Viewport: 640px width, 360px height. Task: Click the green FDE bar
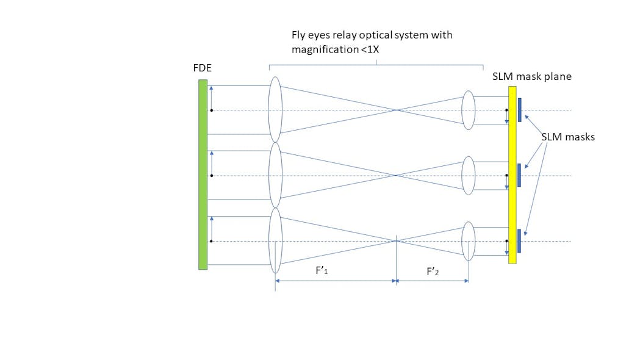point(203,175)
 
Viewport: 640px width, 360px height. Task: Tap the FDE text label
point(202,68)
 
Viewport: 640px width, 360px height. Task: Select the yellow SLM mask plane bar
point(512,175)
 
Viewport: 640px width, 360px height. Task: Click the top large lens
point(275,110)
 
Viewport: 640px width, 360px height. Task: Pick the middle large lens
point(275,176)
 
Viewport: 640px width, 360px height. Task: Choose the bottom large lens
point(275,241)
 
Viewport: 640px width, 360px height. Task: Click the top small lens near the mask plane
point(468,110)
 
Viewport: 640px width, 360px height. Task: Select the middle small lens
point(468,176)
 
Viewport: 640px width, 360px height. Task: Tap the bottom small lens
point(468,241)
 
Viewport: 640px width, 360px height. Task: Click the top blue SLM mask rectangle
point(519,110)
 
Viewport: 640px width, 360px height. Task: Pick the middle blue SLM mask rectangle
point(519,175)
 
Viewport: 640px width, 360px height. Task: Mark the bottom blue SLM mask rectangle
point(519,241)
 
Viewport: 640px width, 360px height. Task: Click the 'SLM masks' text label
point(567,137)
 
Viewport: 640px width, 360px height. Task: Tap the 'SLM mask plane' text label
point(531,77)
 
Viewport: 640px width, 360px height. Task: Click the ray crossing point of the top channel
point(397,110)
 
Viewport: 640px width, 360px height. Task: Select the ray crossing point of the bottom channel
point(397,241)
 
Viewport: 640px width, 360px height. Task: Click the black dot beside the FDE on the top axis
point(211,110)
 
